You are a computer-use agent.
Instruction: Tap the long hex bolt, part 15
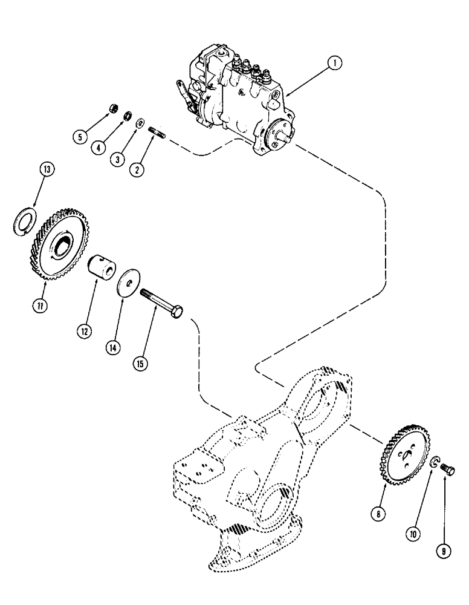click(163, 303)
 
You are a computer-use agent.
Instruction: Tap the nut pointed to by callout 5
click(111, 110)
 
